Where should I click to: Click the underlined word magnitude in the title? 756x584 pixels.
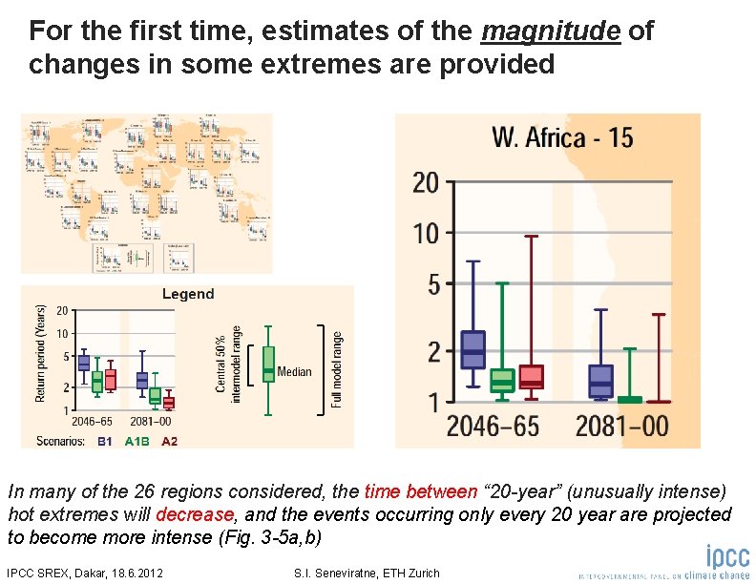click(551, 31)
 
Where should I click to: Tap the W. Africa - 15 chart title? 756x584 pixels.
click(561, 137)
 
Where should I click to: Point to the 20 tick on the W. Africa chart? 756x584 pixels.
click(426, 182)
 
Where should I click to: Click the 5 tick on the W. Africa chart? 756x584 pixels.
click(433, 284)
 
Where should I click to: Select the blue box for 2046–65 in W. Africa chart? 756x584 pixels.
click(473, 349)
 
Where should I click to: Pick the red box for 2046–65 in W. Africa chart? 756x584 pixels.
click(532, 377)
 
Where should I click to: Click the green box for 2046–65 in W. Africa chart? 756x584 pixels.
click(502, 381)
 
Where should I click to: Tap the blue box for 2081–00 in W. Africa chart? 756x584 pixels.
click(600, 381)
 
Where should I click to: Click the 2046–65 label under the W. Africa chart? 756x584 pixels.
click(493, 427)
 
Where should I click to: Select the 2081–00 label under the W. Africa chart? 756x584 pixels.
click(621, 427)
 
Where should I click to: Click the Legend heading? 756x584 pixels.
click(188, 294)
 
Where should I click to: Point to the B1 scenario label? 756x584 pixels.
click(105, 441)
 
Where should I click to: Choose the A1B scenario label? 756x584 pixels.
click(136, 441)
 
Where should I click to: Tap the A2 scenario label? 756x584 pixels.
click(169, 441)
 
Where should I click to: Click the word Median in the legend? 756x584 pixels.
click(295, 371)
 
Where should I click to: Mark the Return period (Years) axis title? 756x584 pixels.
click(40, 354)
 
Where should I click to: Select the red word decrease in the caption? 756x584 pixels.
click(195, 515)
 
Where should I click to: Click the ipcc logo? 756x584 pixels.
click(727, 557)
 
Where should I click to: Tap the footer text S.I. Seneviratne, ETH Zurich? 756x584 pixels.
click(369, 573)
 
